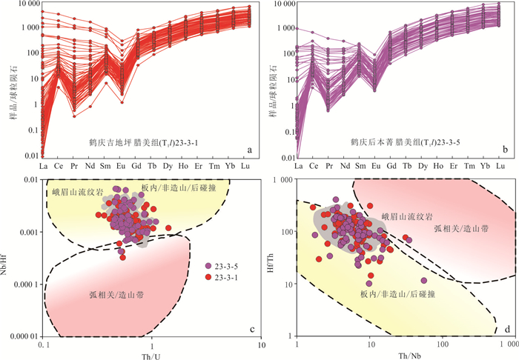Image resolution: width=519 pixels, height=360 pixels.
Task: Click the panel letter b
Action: click(505, 150)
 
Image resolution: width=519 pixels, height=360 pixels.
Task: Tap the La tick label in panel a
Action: click(43, 167)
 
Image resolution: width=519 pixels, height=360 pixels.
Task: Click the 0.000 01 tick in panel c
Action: click(24, 336)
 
